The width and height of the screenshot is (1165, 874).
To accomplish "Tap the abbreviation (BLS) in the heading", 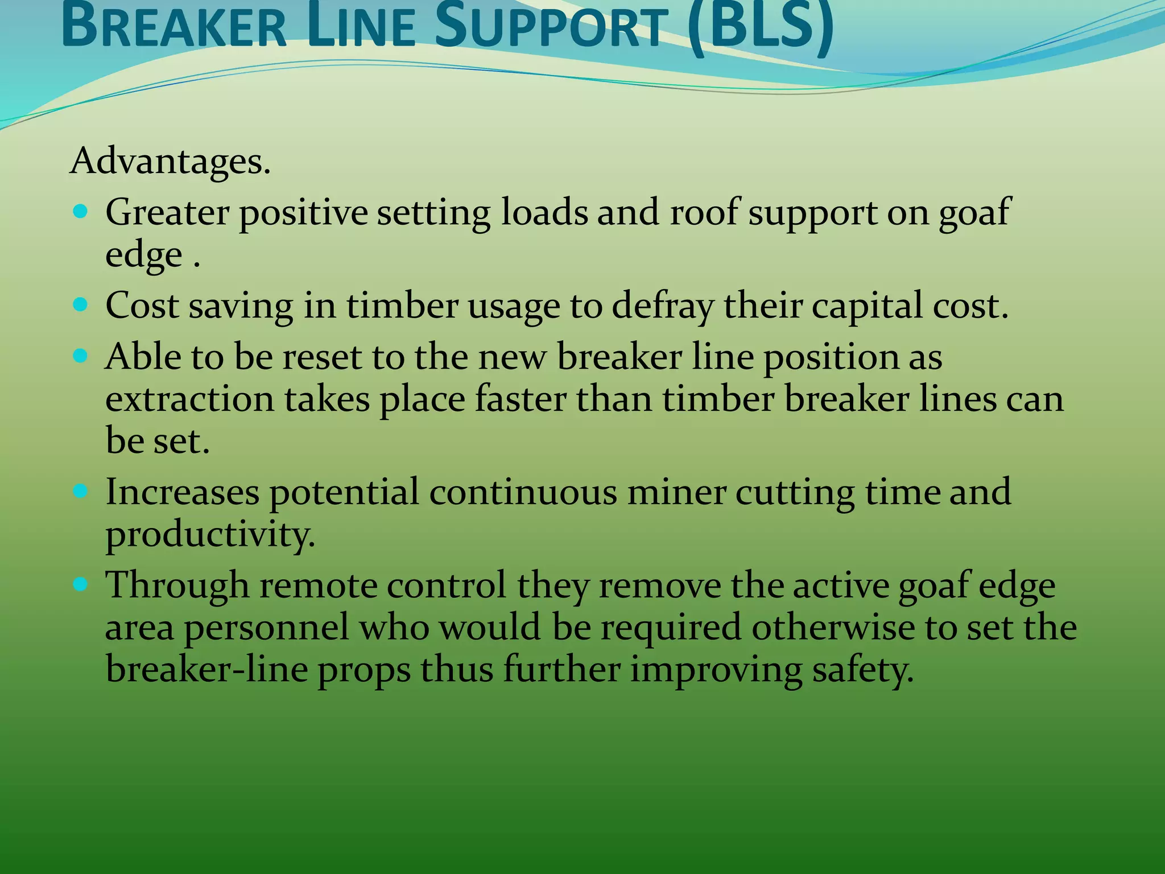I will pyautogui.click(x=760, y=27).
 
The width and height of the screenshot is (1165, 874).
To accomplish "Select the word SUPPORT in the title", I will pyautogui.click(x=551, y=27).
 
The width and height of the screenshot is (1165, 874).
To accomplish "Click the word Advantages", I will pyautogui.click(x=170, y=161).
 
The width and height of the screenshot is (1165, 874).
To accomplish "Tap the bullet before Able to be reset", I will pyautogui.click(x=81, y=357).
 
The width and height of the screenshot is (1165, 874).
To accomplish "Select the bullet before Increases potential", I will pyautogui.click(x=81, y=491).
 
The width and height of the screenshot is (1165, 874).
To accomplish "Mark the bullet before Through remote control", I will pyautogui.click(x=81, y=584).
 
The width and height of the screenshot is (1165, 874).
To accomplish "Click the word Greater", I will pyautogui.click(x=167, y=212).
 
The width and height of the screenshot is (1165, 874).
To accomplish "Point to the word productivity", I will pyautogui.click(x=210, y=535).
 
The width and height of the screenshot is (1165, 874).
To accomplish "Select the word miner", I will pyautogui.click(x=676, y=491).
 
